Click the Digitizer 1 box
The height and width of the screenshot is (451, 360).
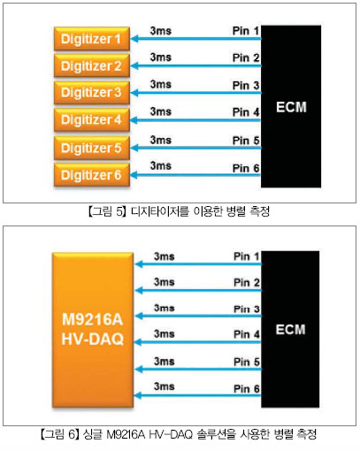pyautogui.click(x=92, y=39)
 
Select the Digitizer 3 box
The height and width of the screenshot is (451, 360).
pyautogui.click(x=92, y=93)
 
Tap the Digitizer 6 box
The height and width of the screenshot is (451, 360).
pyautogui.click(x=92, y=175)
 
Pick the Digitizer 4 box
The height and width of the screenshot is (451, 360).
pyautogui.click(x=92, y=119)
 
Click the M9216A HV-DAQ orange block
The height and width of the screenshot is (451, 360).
pyautogui.click(x=93, y=330)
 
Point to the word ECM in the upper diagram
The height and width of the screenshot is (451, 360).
pyautogui.click(x=291, y=107)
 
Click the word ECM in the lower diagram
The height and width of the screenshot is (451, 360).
pyautogui.click(x=290, y=330)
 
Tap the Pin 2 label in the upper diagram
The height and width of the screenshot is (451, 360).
pyautogui.click(x=246, y=57)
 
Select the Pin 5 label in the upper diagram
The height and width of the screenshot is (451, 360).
pyautogui.click(x=246, y=141)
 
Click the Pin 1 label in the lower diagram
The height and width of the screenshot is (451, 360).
pyautogui.click(x=247, y=256)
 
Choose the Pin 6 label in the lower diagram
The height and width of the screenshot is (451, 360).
pyautogui.click(x=247, y=389)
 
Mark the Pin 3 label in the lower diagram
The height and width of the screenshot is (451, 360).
pyautogui.click(x=247, y=309)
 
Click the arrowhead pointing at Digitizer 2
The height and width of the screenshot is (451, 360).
pyautogui.click(x=134, y=65)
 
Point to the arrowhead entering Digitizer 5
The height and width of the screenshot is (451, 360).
pyautogui.click(x=134, y=148)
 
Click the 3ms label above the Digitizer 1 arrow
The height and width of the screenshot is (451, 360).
pyautogui.click(x=161, y=31)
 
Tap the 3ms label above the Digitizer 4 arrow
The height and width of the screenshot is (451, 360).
pyautogui.click(x=161, y=111)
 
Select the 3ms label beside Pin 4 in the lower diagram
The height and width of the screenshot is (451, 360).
pyautogui.click(x=165, y=333)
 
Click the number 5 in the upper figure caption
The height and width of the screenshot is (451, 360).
pyautogui.click(x=119, y=211)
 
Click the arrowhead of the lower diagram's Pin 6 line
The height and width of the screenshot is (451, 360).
pyautogui.click(x=138, y=395)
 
